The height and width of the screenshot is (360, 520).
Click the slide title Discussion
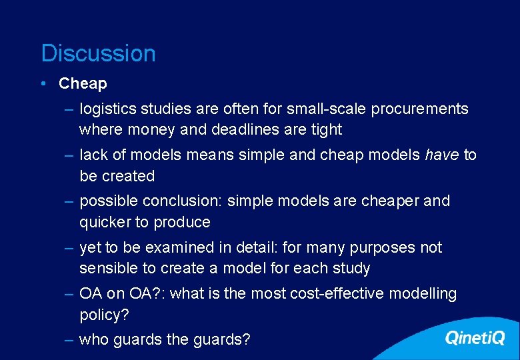(98, 53)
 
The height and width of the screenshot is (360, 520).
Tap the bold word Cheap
(83, 83)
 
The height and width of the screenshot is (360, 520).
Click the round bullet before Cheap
(43, 83)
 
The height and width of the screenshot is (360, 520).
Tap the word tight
(327, 129)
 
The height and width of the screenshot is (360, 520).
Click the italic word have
(442, 155)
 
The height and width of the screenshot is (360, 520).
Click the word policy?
(103, 314)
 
